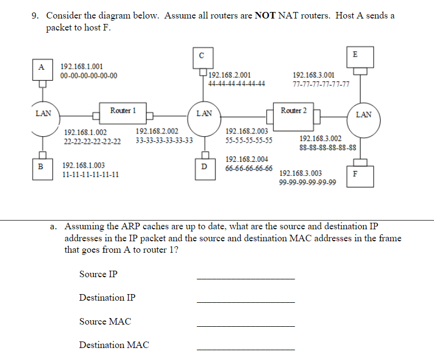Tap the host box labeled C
pyautogui.click(x=201, y=55)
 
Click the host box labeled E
pyautogui.click(x=355, y=54)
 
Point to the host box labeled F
pyautogui.click(x=356, y=174)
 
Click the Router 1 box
pyautogui.click(x=123, y=111)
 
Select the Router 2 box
pyautogui.click(x=294, y=111)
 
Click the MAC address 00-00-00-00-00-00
pyautogui.click(x=88, y=76)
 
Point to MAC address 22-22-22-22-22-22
pyautogui.click(x=93, y=142)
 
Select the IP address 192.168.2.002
pyautogui.click(x=157, y=131)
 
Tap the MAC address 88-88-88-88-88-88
pyautogui.click(x=328, y=148)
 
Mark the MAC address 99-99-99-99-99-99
pyautogui.click(x=307, y=182)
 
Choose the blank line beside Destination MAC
pyautogui.click(x=245, y=349)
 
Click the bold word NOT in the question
pyautogui.click(x=265, y=15)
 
